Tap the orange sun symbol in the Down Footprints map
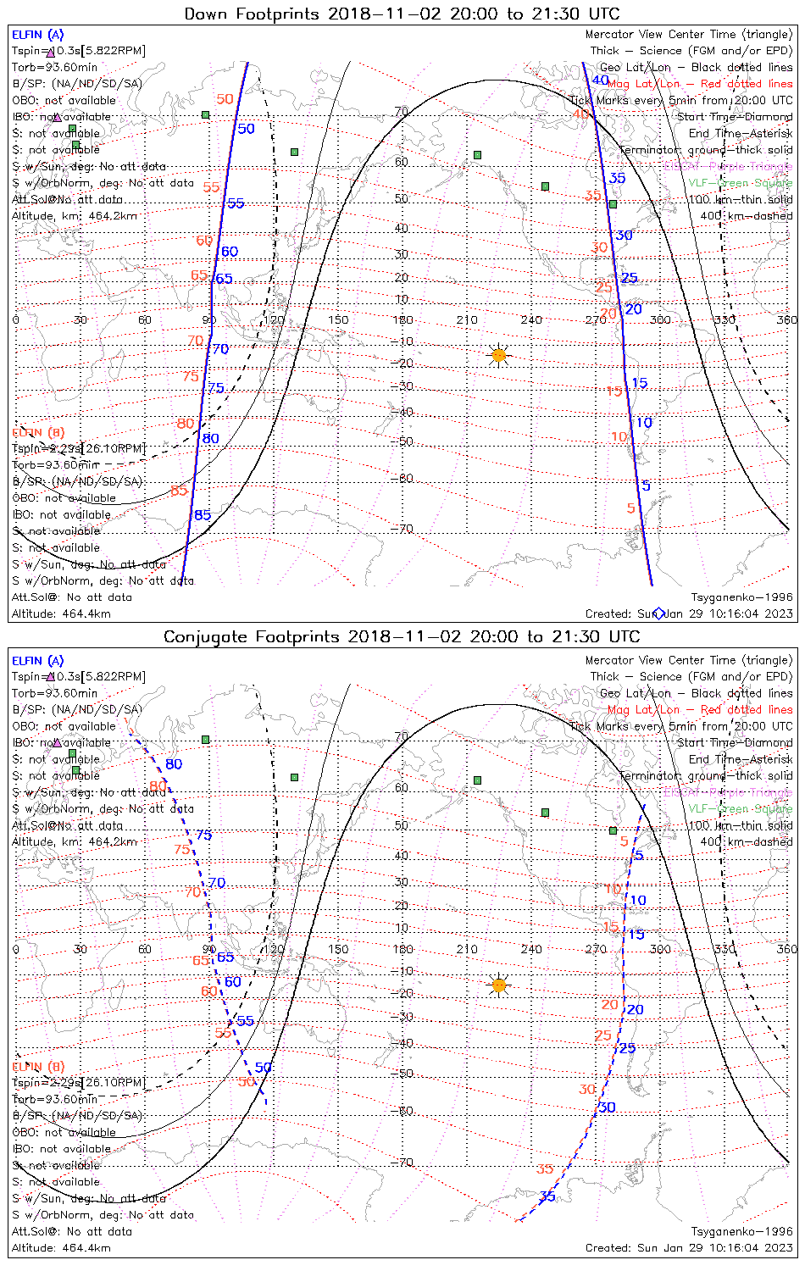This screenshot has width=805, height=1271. pos(499,355)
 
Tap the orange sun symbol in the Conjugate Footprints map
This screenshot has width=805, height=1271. pos(499,985)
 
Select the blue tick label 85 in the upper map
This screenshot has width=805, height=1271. pos(203,515)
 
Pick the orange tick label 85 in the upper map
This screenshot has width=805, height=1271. pos(179,491)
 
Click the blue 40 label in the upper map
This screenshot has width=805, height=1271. pos(600,80)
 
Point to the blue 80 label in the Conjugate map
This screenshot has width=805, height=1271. pos(174,763)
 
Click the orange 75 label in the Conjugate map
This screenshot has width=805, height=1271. pos(182,849)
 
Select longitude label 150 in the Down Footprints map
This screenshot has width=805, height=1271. pos(338,319)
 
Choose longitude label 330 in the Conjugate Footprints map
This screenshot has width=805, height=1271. pos(724,949)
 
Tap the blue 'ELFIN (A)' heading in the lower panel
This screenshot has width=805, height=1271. pos(38,661)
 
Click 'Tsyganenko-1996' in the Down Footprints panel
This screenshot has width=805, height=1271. pos(741,597)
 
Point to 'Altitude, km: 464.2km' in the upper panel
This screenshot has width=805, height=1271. pos(75,216)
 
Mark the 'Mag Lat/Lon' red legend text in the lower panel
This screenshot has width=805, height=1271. pos(643,709)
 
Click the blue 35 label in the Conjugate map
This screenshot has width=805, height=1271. pos(547,1196)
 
